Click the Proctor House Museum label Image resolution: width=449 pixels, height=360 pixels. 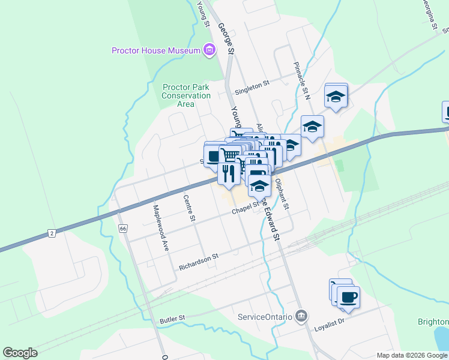(155, 50)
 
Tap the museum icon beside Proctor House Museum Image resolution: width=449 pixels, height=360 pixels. (209, 50)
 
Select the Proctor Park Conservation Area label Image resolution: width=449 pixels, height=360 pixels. (187, 95)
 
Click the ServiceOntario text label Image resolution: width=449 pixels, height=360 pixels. (265, 316)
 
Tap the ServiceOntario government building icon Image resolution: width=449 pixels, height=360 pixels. (301, 316)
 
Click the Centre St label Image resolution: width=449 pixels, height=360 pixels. (190, 208)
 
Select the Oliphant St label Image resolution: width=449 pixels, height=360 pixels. (282, 194)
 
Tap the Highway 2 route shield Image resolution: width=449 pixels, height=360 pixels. (52, 233)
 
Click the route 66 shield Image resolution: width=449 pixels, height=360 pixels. (123, 229)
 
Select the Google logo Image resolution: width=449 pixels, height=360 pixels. (20, 353)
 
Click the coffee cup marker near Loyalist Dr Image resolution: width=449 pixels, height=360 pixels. (348, 296)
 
